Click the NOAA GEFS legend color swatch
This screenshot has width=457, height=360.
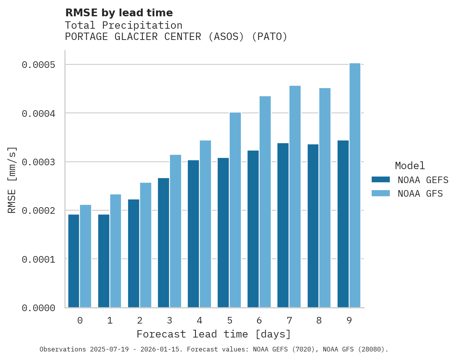(x=380, y=180)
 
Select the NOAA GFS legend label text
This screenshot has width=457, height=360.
(x=420, y=194)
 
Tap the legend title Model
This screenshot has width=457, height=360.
(x=410, y=166)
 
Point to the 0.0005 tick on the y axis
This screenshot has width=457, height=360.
(x=38, y=65)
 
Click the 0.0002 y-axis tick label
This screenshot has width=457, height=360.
(x=38, y=211)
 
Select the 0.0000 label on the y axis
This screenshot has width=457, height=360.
(x=38, y=308)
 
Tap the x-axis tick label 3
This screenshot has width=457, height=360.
(x=170, y=320)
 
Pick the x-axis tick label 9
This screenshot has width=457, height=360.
(x=349, y=320)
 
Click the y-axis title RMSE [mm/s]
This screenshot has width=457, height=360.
(x=12, y=180)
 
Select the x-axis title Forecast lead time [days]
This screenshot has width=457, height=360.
(x=214, y=334)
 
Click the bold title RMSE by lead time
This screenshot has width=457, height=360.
(x=119, y=13)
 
